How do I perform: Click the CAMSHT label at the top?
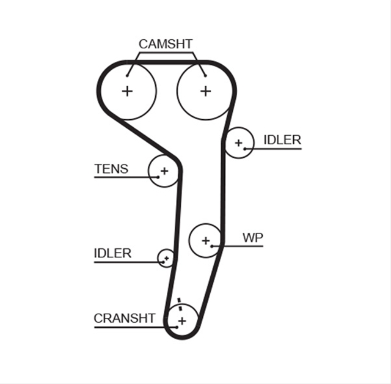click(x=166, y=44)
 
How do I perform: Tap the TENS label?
click(x=111, y=169)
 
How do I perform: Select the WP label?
click(x=253, y=238)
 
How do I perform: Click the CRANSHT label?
click(x=125, y=319)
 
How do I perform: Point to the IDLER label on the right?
click(x=282, y=140)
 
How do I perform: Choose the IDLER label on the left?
click(x=112, y=254)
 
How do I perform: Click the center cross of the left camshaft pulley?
click(x=127, y=91)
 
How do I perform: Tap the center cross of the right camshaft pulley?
click(x=206, y=91)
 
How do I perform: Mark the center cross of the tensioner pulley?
click(x=164, y=171)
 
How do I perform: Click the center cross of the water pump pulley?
click(x=206, y=241)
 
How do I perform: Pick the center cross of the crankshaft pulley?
click(x=182, y=321)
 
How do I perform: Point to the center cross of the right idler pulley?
click(x=239, y=143)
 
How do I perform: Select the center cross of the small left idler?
click(x=167, y=258)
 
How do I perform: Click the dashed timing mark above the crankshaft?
click(x=180, y=304)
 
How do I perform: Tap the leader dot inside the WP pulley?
click(x=212, y=246)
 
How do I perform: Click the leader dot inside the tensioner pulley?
click(x=158, y=177)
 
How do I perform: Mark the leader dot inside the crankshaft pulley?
click(x=177, y=327)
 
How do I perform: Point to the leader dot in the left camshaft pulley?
click(x=127, y=76)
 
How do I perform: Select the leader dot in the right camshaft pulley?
click(x=205, y=76)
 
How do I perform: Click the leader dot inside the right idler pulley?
click(x=245, y=149)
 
